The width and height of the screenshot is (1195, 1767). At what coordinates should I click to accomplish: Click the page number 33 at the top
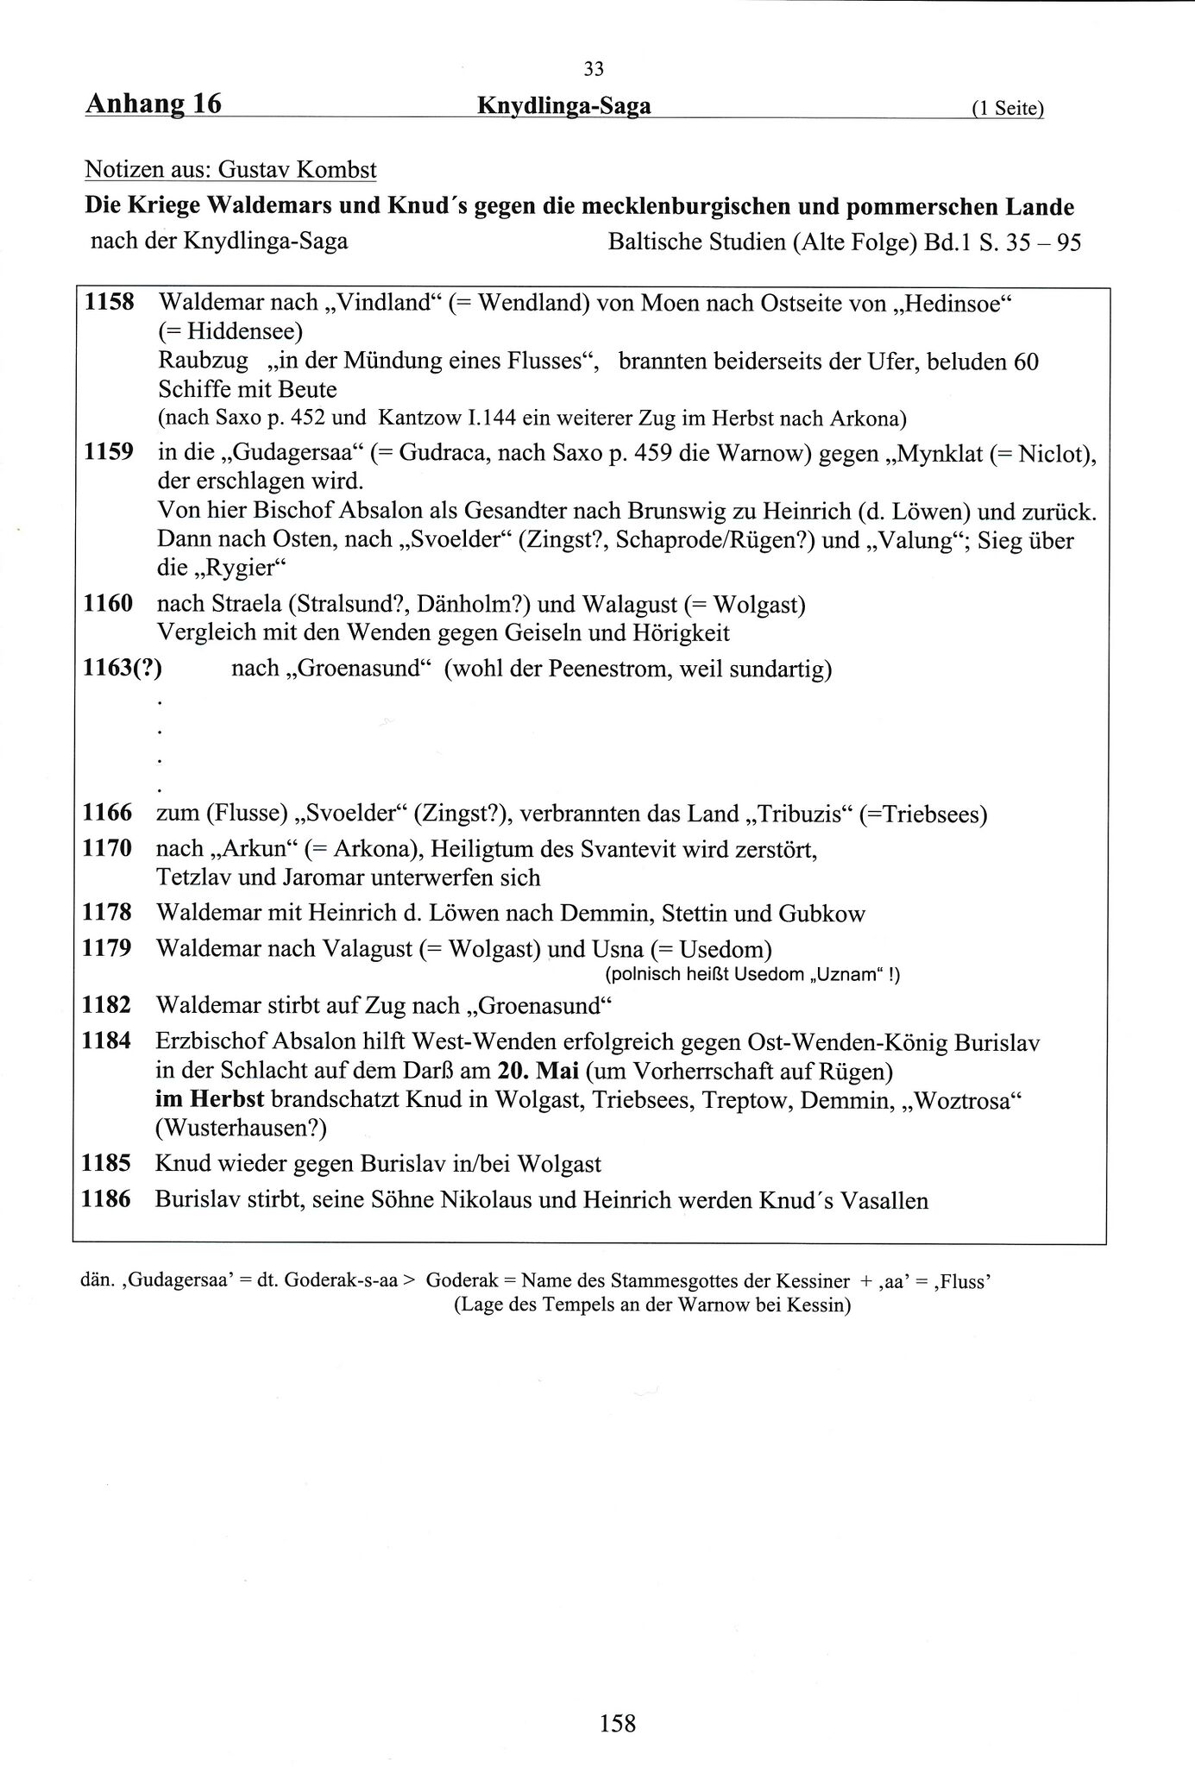click(594, 69)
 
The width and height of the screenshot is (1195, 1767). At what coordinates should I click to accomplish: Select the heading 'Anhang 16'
click(153, 104)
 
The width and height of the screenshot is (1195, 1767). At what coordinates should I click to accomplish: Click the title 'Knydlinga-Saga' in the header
click(563, 106)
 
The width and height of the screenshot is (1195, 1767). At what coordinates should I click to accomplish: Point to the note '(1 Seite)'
click(1007, 109)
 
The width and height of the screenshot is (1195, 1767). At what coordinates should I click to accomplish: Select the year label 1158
click(109, 303)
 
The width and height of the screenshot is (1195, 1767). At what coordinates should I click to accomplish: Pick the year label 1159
click(109, 452)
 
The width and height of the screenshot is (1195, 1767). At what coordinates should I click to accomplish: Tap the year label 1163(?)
click(123, 668)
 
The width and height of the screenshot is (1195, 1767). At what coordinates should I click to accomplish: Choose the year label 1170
click(107, 848)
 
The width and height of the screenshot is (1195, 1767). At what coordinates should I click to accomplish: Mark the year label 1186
click(106, 1199)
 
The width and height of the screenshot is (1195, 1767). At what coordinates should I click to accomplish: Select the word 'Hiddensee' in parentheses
click(237, 331)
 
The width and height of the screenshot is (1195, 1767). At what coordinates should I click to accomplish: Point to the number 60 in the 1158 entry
click(1025, 361)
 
